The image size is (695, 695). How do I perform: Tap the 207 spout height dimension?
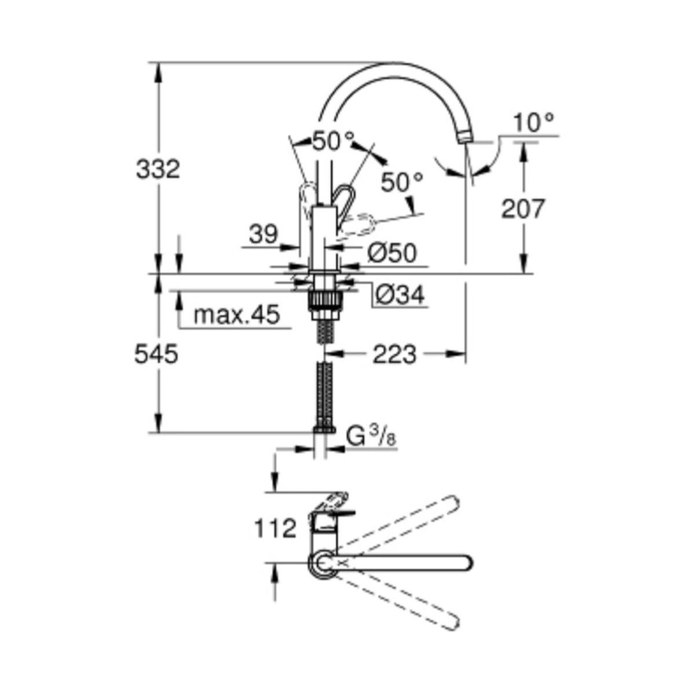point(523,209)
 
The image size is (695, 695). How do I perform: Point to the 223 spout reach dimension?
point(394,354)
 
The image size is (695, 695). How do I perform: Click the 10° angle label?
point(533,123)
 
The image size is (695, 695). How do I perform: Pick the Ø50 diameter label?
point(392,253)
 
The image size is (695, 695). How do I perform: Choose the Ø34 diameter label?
point(400,295)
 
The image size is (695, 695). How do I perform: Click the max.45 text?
point(237,314)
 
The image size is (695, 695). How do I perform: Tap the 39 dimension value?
point(264,235)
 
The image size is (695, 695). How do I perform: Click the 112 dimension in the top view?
point(275,529)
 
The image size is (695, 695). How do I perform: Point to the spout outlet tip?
point(466,138)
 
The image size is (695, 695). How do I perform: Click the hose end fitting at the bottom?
point(324,429)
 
